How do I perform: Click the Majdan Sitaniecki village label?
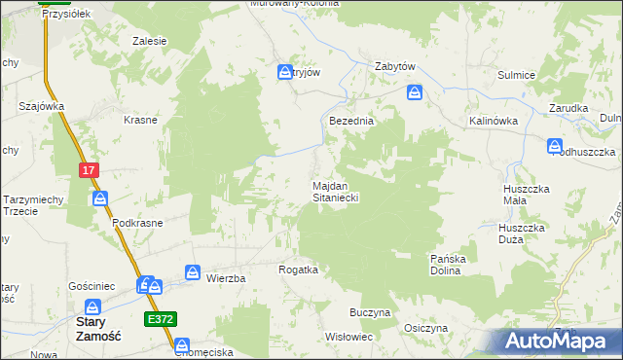click(x=337, y=191)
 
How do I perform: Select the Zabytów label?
click(x=396, y=67)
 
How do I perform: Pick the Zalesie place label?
click(x=150, y=41)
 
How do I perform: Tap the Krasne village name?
click(x=141, y=120)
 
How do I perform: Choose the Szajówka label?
click(x=41, y=106)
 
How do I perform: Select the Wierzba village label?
click(x=226, y=278)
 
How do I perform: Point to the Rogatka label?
click(x=299, y=270)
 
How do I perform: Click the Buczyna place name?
click(x=370, y=313)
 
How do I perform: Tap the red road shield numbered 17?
click(x=89, y=170)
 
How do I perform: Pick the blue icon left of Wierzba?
click(x=193, y=273)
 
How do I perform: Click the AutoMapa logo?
click(x=558, y=340)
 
